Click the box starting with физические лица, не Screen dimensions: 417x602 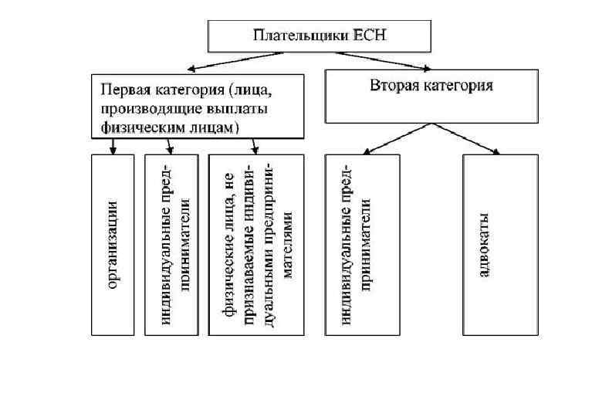256,245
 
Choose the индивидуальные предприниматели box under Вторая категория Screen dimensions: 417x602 362,245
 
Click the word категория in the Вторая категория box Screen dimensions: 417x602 460,86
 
